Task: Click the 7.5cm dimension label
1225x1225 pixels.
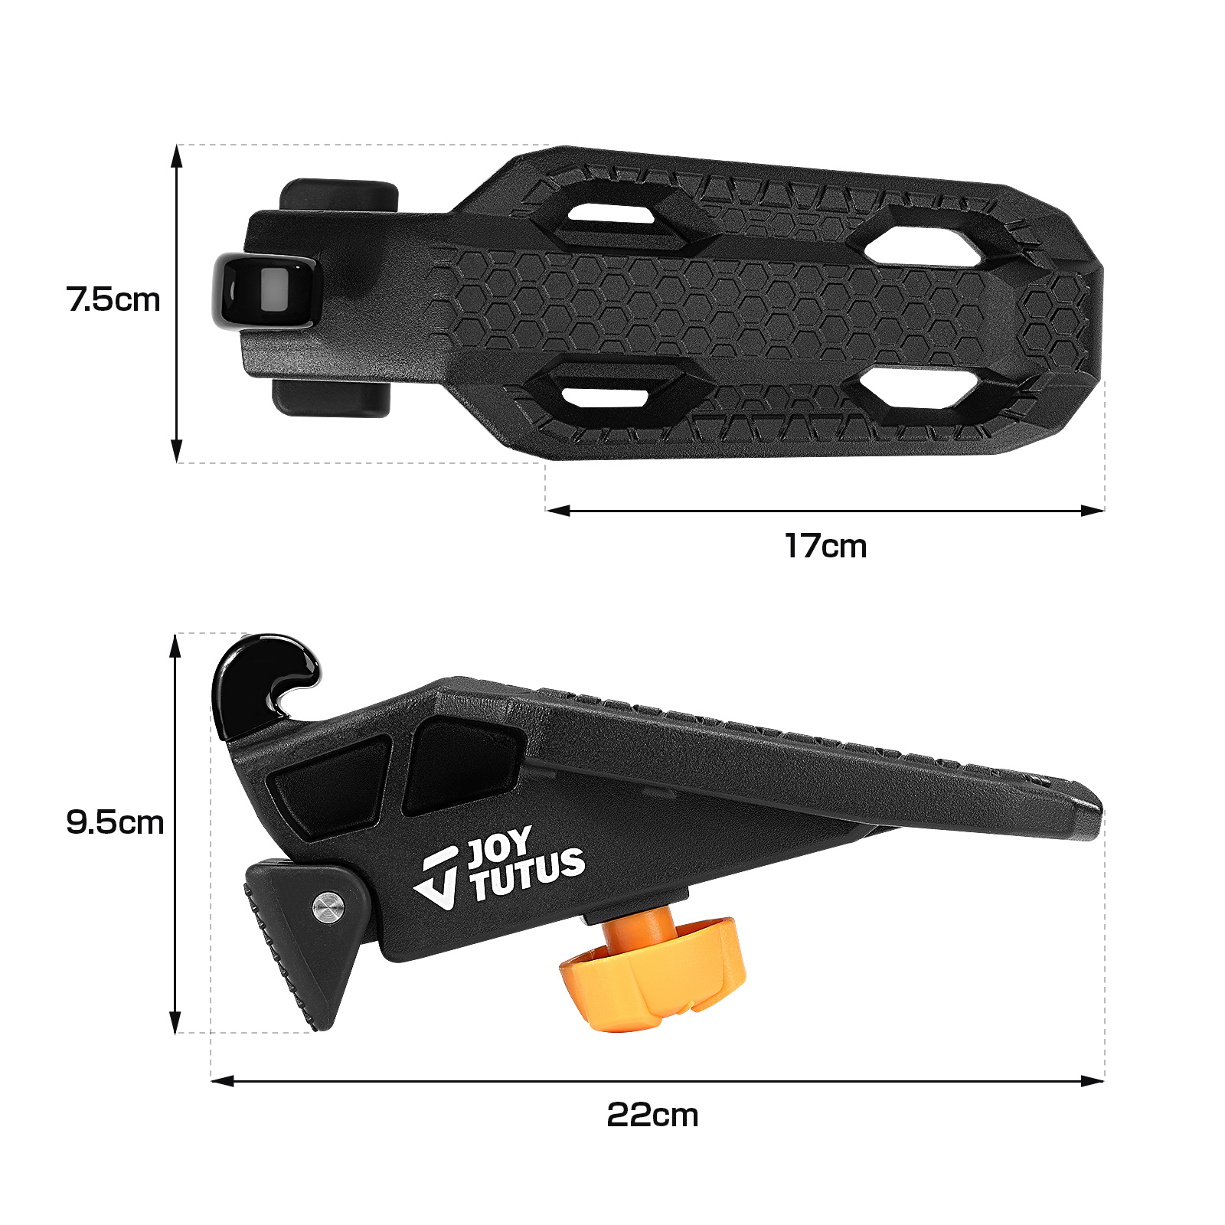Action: point(113,299)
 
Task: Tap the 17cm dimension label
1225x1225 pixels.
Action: point(825,547)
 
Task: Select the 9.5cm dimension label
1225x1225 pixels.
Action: point(115,823)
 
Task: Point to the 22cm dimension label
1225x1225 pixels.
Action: point(652,1116)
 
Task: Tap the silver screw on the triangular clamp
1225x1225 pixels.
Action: point(328,909)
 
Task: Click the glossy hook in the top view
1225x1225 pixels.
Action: point(264,292)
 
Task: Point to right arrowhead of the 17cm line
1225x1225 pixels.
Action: point(1095,511)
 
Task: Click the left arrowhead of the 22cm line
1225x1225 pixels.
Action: point(220,1081)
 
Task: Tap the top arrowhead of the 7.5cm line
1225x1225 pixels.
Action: point(177,155)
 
